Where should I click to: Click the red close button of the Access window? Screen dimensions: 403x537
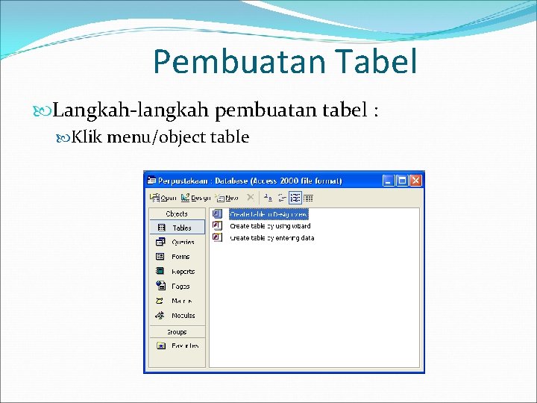point(416,180)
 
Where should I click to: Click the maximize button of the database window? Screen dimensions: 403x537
point(402,180)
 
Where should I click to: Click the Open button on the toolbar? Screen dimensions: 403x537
point(163,198)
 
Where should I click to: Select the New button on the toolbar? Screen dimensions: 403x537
point(227,198)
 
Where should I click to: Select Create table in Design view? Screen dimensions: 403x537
point(268,214)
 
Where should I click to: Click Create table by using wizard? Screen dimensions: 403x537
point(269,225)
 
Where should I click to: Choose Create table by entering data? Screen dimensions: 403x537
point(271,237)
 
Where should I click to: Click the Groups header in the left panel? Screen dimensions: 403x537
point(177,332)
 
